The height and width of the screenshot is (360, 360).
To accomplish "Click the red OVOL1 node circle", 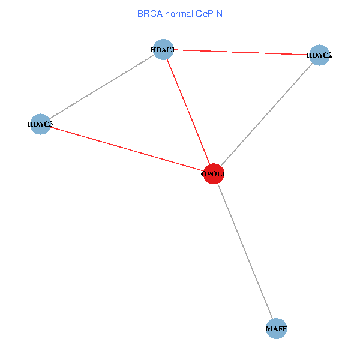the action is pos(214,174).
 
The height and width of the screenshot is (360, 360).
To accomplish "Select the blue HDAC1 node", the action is pos(163,50).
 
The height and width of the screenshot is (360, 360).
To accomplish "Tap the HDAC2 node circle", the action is pos(319,55).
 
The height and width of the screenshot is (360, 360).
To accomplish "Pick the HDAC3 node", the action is pos(40,124).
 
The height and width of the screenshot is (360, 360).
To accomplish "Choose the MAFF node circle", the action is pos(277,328).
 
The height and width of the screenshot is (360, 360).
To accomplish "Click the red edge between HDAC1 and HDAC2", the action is pos(241,52).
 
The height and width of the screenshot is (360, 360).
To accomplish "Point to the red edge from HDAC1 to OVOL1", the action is pos(188,112).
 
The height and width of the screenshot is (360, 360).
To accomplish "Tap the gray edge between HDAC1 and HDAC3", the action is pos(102,87).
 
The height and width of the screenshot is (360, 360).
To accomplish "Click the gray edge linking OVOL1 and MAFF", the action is pos(245,251).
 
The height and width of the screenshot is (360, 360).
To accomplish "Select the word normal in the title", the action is pos(179,14).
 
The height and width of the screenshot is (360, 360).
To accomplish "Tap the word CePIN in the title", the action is pos(209,14).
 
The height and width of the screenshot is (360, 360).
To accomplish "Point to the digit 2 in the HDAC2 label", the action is pos(329,55).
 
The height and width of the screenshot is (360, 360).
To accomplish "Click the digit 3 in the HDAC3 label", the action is pos(51,124).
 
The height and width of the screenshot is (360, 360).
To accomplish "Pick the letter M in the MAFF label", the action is pos(269,329).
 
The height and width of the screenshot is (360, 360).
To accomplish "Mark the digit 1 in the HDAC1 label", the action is pos(173,50).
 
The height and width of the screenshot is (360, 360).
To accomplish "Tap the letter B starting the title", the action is pos(140,14).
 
